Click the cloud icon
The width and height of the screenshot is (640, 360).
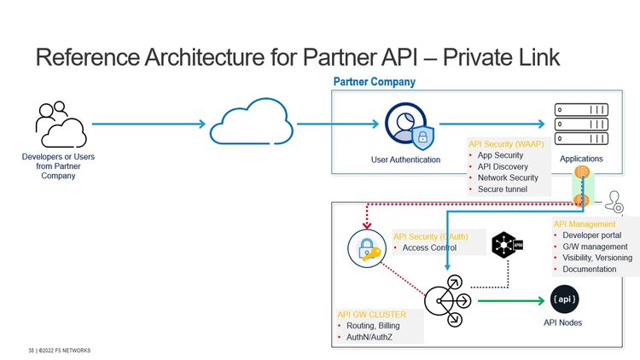252,125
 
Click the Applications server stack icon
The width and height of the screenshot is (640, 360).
581,125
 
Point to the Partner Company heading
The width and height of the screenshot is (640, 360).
374,82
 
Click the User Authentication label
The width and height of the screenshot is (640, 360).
406,160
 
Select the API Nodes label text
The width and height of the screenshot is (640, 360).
563,322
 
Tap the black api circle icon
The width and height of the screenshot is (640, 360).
564,299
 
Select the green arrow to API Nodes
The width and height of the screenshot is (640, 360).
510,301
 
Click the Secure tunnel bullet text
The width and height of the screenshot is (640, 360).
503,189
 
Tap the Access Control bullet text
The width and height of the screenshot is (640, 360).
429,248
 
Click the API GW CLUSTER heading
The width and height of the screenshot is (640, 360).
371,314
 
